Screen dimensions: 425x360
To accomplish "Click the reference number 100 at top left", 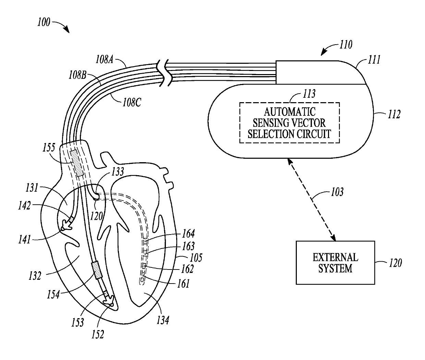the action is (44, 22).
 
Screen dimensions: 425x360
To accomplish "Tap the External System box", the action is (335, 263).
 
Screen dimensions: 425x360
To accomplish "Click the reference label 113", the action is (309, 94).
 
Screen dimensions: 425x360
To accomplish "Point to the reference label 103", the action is (337, 192).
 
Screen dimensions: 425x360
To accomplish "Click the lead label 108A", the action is (105, 59).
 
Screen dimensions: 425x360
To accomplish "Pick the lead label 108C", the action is (132, 102).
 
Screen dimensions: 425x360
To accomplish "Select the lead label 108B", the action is (77, 75).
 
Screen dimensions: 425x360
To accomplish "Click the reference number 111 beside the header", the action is (374, 60).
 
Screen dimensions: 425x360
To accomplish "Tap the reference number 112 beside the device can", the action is (394, 115).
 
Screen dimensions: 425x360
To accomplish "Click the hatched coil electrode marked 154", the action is (96, 270).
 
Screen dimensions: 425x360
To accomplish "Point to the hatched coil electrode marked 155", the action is (77, 163).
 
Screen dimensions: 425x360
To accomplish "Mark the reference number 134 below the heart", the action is (163, 320).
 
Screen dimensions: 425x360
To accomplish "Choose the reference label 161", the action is (183, 284).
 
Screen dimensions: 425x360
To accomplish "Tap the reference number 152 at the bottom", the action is (98, 334).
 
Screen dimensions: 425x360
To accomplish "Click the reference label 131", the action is (32, 188).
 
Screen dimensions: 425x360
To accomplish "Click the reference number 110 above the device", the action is (346, 45).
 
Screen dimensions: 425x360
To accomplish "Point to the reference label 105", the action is (196, 257).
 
